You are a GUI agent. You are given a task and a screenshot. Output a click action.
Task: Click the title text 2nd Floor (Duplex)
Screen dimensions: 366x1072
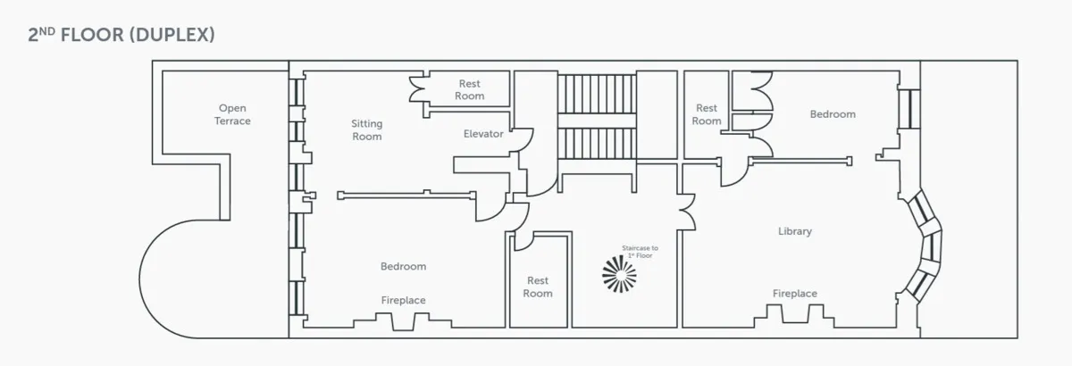[121, 35]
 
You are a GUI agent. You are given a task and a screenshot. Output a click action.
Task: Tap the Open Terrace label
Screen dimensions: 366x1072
[232, 114]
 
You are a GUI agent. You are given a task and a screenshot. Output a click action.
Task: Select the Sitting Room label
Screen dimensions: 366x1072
[366, 130]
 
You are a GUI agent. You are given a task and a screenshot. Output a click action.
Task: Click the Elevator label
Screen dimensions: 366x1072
[483, 134]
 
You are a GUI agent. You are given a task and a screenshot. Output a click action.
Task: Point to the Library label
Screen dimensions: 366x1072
[794, 231]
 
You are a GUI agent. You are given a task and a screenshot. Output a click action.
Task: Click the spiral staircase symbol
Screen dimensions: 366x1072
[620, 273]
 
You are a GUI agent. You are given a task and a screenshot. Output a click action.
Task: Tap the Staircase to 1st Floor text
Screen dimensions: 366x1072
[640, 251]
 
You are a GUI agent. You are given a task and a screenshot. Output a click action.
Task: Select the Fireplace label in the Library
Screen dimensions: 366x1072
[794, 294]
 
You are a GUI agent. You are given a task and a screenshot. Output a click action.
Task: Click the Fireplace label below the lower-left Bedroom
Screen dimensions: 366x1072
[403, 301]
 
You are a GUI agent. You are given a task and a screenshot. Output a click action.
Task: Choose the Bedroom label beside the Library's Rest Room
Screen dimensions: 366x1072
[832, 114]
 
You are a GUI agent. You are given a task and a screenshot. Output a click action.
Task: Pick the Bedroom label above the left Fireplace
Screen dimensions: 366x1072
[403, 266]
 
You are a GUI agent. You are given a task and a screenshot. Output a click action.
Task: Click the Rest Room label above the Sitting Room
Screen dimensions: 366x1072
[469, 90]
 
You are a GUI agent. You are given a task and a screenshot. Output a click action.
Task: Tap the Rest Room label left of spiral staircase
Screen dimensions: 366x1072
[538, 287]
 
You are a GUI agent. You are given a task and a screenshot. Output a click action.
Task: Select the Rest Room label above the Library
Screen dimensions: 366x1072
[706, 114]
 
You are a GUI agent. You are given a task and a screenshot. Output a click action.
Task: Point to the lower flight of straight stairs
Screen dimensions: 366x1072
[597, 143]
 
